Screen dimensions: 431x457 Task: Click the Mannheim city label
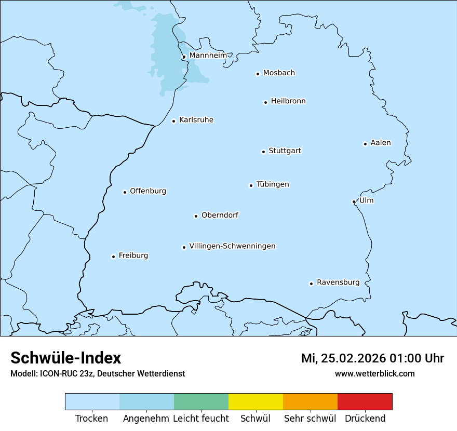coord(208,55)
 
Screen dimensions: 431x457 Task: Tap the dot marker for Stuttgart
coord(263,152)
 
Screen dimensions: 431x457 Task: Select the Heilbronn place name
coord(288,101)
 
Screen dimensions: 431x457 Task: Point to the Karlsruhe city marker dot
coord(174,122)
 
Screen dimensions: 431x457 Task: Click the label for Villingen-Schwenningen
coord(232,246)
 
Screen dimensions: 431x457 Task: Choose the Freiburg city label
coord(133,255)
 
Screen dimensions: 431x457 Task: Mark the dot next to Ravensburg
coord(312,284)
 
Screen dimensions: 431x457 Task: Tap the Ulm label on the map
coord(366,200)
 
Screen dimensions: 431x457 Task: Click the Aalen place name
coord(381,143)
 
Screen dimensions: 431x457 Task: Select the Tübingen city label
coord(273,184)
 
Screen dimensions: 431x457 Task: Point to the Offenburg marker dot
coord(125,192)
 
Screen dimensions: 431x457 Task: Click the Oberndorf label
coord(220,215)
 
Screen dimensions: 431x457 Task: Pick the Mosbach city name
coord(279,73)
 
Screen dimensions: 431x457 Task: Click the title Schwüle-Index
coord(66,358)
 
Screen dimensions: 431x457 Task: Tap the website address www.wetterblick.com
coord(374,373)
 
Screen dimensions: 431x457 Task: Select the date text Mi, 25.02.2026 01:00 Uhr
coord(372,358)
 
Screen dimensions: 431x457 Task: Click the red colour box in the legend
coord(365,401)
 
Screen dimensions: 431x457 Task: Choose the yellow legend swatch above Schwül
coord(256,401)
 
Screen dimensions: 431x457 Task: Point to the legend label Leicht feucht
coord(200,419)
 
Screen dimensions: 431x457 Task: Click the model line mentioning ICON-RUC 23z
coord(98,373)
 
